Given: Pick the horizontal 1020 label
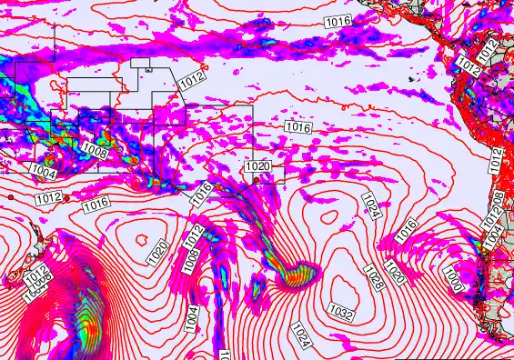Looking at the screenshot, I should click(257, 166).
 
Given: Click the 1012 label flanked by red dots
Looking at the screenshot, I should click(49, 197).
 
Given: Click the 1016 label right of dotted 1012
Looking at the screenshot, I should click(96, 205).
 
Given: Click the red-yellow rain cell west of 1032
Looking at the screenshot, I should click(296, 273).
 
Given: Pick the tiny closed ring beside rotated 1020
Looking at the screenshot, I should click(143, 237).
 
